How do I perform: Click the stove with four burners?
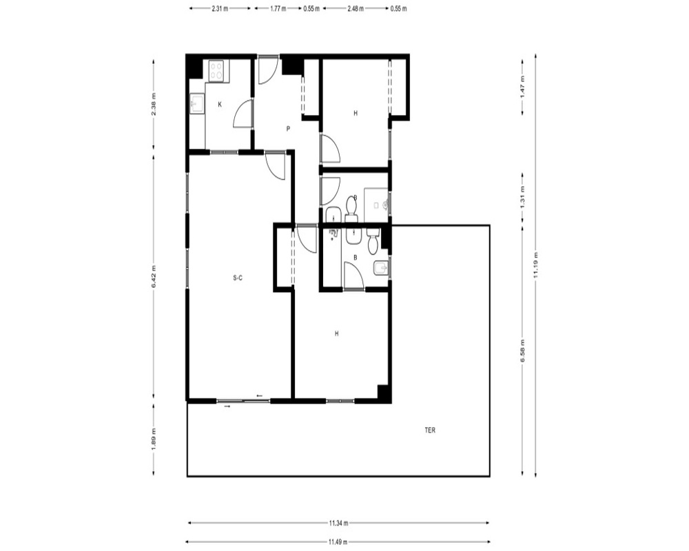point(216,71)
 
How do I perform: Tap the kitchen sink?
point(196,104)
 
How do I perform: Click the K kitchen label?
point(220,105)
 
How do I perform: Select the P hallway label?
point(288,129)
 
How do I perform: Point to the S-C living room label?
point(238,278)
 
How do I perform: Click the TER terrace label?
point(430,430)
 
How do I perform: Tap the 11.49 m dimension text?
point(338,542)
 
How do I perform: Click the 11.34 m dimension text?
point(338,523)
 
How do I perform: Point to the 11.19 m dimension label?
point(535,265)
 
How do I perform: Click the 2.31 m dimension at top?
point(220,8)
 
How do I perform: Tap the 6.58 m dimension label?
point(522,351)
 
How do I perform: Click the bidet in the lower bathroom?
point(380,268)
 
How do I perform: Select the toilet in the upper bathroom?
point(351,209)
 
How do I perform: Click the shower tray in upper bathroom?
point(376,205)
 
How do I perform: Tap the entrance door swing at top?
point(268,70)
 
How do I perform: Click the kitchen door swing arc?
point(243,114)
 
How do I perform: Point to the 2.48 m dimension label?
point(355,8)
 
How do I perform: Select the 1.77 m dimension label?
point(278,8)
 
